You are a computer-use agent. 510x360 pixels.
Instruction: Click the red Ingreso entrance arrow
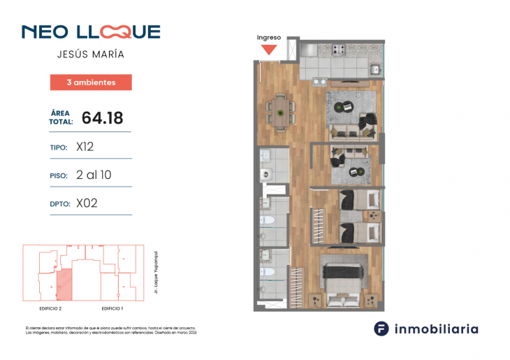269,50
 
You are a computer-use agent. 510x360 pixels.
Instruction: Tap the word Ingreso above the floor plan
269,38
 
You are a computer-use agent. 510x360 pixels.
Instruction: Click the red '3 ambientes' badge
91,82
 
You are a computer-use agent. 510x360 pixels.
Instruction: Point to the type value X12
85,147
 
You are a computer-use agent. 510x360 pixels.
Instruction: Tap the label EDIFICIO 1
112,308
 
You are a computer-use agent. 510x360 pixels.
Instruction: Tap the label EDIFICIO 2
51,308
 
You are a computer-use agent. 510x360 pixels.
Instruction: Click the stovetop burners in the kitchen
340,50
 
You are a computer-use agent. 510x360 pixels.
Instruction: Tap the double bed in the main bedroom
343,282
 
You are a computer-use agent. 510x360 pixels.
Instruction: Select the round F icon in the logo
381,329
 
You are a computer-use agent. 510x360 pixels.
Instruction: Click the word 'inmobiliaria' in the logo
437,329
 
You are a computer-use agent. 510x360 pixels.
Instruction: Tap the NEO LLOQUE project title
91,32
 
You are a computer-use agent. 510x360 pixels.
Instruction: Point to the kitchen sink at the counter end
375,69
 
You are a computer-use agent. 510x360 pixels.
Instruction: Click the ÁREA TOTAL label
61,117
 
